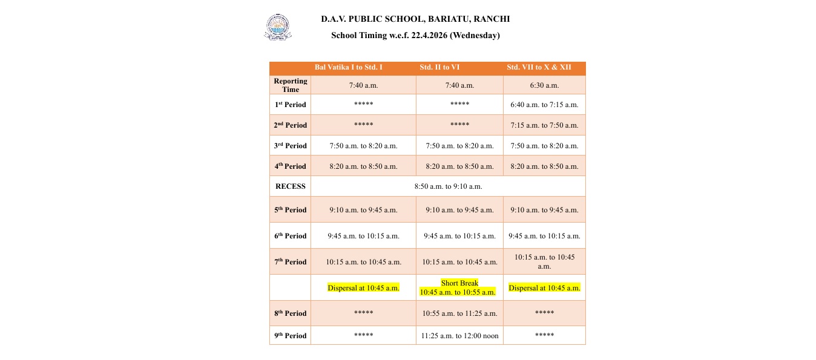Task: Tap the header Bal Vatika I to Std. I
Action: (348, 67)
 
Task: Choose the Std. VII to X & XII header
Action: (539, 67)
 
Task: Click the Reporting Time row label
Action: (291, 85)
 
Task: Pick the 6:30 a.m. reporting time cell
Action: (544, 85)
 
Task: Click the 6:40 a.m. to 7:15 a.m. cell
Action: (544, 105)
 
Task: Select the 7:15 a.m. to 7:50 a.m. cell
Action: (544, 125)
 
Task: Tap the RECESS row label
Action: (291, 186)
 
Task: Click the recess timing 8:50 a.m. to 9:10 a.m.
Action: (448, 186)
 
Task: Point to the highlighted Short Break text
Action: (459, 283)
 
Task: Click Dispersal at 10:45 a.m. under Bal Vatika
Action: (363, 288)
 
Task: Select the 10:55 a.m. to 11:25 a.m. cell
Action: (459, 313)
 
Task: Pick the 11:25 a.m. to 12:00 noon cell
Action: (459, 336)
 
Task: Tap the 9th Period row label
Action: (291, 336)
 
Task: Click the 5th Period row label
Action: (291, 210)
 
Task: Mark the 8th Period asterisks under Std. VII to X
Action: (544, 313)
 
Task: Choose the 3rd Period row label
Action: (291, 146)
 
